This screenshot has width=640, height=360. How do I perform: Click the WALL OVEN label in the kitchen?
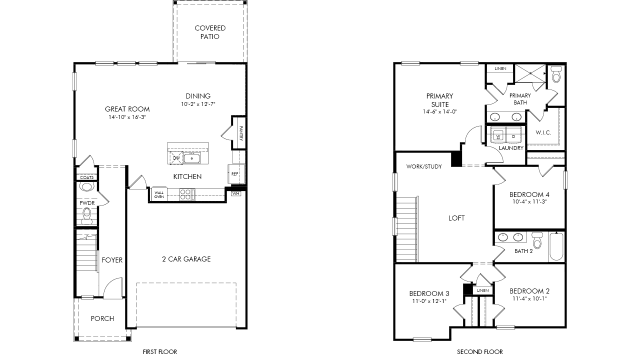[x=159, y=195]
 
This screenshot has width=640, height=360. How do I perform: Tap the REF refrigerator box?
[x=236, y=173]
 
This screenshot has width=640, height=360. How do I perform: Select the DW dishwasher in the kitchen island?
[x=176, y=158]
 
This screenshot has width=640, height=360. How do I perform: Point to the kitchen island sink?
[x=191, y=158]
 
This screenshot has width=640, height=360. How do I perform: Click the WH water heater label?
[x=235, y=193]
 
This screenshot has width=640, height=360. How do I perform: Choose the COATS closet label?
[x=87, y=177]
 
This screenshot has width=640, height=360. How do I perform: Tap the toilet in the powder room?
[x=86, y=215]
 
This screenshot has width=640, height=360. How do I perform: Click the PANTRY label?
[x=241, y=133]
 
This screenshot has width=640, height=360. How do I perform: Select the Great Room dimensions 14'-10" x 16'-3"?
[x=127, y=117]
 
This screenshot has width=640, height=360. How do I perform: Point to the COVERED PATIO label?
[x=210, y=32]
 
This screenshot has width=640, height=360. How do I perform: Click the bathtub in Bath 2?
[x=556, y=246]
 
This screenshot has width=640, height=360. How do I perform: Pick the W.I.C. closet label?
[x=543, y=132]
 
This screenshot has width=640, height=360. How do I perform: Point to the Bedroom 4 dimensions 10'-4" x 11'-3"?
[x=529, y=201]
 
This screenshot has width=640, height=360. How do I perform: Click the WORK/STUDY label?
[x=424, y=166]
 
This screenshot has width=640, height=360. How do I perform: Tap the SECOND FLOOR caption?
[x=480, y=352]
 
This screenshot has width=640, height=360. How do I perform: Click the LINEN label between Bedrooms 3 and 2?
[x=483, y=290]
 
